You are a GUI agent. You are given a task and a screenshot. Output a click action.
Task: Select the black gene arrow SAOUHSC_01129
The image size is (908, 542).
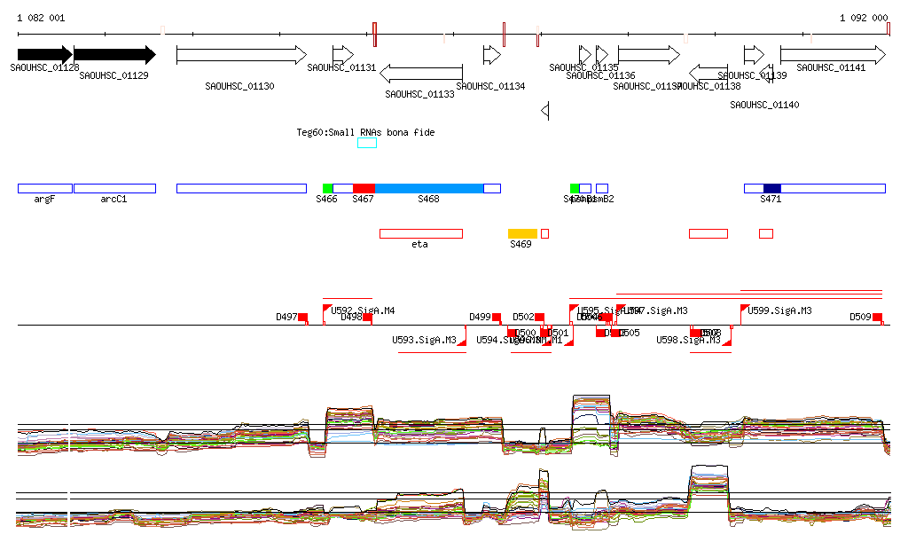[x=114, y=55]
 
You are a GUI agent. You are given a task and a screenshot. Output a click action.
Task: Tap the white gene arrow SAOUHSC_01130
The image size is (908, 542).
[x=241, y=55]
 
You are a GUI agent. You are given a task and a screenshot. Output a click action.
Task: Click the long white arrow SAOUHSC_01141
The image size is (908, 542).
[x=832, y=55]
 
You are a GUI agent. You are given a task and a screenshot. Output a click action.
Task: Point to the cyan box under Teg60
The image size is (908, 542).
[x=367, y=143]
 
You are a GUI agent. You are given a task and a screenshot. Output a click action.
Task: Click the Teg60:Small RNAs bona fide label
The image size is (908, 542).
[x=365, y=132]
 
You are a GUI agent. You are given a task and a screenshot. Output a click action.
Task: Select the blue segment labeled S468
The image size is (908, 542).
[x=429, y=188]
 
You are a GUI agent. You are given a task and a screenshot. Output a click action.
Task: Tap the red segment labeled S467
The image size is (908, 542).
[x=364, y=188]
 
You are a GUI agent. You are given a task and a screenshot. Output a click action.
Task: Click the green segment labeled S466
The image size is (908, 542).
[x=327, y=188]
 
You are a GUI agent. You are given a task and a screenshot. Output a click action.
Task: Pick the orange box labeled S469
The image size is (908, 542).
[x=522, y=233]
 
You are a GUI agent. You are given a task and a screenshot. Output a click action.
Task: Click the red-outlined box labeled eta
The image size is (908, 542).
[x=420, y=233]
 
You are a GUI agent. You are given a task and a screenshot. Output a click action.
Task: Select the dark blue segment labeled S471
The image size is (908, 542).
[x=771, y=188]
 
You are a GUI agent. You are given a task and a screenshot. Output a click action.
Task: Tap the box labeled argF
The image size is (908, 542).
[x=44, y=188]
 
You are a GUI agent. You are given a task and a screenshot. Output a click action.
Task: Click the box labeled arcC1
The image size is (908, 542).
[x=114, y=188]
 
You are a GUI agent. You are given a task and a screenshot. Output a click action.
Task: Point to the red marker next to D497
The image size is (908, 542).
[x=302, y=317]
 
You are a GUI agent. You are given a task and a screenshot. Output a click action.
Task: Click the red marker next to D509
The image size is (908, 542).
[x=877, y=317]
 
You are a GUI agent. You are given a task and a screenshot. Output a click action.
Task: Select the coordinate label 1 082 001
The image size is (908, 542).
[x=41, y=18]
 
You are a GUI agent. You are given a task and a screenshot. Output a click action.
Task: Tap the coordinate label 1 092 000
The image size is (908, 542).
[x=864, y=18]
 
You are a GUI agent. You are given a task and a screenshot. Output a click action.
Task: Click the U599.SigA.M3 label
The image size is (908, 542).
[x=779, y=310]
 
